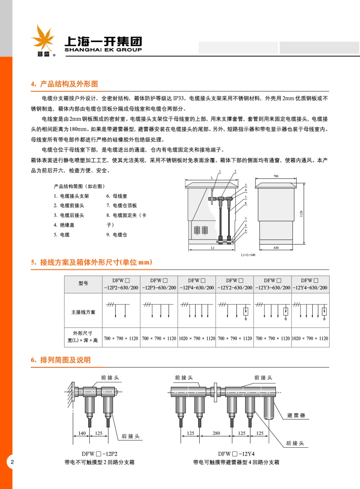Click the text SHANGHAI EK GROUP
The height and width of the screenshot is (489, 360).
[103, 50]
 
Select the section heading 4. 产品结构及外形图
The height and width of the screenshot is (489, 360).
[64, 84]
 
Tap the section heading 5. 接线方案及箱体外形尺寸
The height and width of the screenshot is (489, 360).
[91, 262]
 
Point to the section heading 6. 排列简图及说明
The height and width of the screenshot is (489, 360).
[61, 360]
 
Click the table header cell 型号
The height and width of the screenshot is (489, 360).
[83, 284]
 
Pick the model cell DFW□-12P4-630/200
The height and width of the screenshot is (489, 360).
[197, 284]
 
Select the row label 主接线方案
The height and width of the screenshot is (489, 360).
[83, 312]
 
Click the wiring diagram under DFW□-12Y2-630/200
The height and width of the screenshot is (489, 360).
[235, 310]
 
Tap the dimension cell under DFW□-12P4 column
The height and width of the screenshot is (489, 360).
[197, 338]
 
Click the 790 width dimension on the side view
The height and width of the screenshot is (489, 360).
[275, 176]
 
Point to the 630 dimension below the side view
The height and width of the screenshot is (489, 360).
[276, 248]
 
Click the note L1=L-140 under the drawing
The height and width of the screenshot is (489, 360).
[248, 255]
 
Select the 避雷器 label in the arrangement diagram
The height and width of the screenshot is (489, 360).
[296, 415]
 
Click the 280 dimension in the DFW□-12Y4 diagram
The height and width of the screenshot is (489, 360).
[216, 433]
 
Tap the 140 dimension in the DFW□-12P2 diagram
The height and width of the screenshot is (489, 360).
[82, 433]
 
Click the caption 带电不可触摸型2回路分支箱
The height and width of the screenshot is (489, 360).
[99, 462]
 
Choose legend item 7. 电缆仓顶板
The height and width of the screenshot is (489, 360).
[122, 205]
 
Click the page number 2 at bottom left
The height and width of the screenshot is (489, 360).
[12, 462]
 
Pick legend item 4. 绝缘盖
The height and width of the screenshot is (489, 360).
[64, 225]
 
